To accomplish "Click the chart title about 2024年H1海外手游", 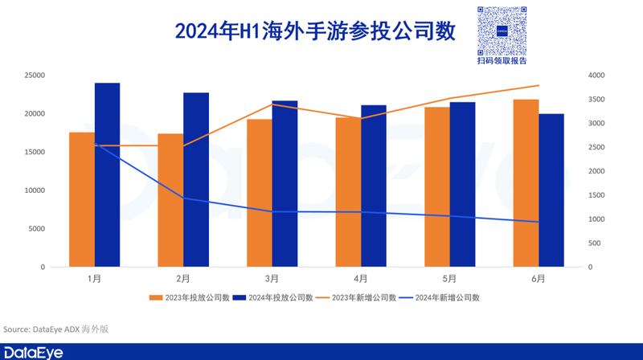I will tap(315, 31).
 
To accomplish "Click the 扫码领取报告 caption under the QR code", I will tap(502, 61).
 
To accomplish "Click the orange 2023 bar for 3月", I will tap(260, 193).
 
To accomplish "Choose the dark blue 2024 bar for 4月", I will tap(374, 186).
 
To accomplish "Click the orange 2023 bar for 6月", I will tap(526, 182).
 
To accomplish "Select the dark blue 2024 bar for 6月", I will tap(551, 190).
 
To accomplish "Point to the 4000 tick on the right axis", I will tap(599, 76).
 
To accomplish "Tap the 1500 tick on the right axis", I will tap(599, 195).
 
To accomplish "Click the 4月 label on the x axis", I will tap(361, 279).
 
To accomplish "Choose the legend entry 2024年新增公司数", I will tap(441, 298).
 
